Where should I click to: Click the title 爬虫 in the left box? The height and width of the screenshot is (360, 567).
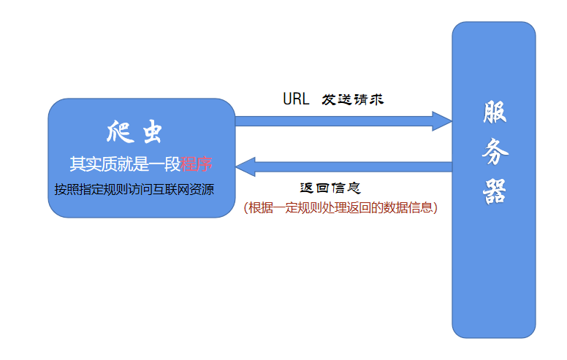click(133, 133)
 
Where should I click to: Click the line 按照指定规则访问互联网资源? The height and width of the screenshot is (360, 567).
click(134, 189)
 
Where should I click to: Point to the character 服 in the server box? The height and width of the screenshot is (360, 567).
click(494, 112)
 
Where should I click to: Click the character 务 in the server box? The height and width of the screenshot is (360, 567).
click(494, 153)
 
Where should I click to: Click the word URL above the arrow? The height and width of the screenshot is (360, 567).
click(296, 99)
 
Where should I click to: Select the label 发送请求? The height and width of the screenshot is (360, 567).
click(353, 99)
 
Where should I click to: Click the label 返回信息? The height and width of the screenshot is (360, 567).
click(330, 188)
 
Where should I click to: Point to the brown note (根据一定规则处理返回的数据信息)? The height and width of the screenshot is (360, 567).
click(340, 207)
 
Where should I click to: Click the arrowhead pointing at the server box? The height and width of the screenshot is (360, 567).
click(441, 121)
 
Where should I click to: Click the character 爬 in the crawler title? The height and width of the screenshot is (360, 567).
click(118, 133)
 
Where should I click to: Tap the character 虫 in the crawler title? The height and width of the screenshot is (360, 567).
click(151, 133)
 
